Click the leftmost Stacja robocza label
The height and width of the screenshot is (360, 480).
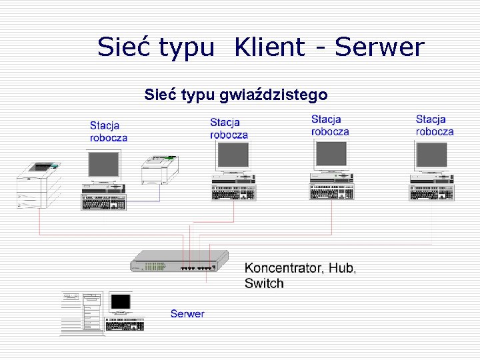[109, 131]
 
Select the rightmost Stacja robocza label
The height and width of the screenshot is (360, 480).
[435, 125]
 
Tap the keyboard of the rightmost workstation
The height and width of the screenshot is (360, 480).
[431, 192]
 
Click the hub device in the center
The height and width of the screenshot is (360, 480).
[179, 261]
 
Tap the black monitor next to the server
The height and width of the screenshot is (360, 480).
[121, 303]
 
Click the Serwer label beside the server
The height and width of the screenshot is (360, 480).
[187, 313]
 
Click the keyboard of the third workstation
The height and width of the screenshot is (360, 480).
[331, 192]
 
